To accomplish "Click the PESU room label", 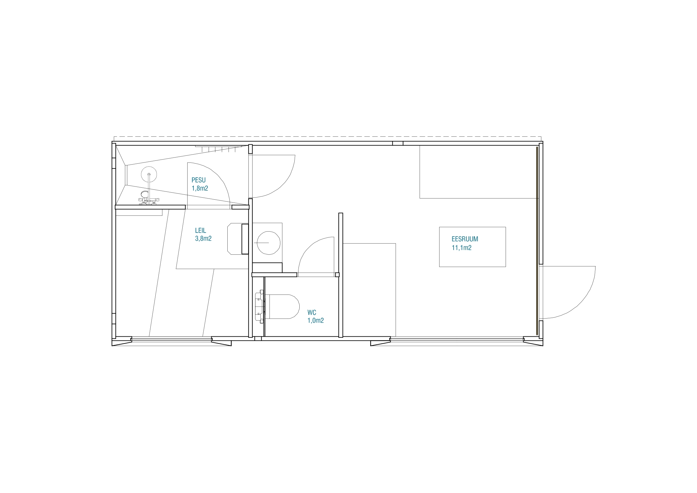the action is click(198, 180).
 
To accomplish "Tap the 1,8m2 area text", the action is click(200, 188).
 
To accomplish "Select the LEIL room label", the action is click(200, 231).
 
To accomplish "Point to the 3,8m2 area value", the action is click(203, 239).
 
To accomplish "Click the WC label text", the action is click(312, 313).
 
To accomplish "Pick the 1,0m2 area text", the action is click(315, 321).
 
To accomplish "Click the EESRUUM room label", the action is click(465, 239).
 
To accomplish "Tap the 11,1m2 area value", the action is click(461, 248).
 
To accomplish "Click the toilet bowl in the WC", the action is click(282, 307).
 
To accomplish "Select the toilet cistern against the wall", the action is click(260, 307).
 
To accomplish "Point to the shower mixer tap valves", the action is click(149, 200).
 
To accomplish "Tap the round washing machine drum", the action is click(268, 243).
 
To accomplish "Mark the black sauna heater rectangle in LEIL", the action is click(245, 239).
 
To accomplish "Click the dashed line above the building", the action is click(327, 137).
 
